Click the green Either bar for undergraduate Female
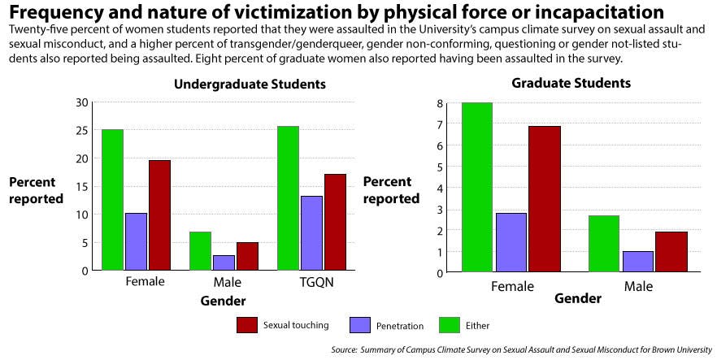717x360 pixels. point(112,199)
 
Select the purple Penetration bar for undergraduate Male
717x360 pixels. point(224,262)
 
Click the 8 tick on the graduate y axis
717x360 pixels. point(439,104)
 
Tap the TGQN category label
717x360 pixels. point(312,283)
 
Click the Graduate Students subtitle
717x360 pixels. point(571,83)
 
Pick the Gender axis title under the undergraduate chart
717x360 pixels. point(223,301)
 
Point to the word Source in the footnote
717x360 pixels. point(345,349)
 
